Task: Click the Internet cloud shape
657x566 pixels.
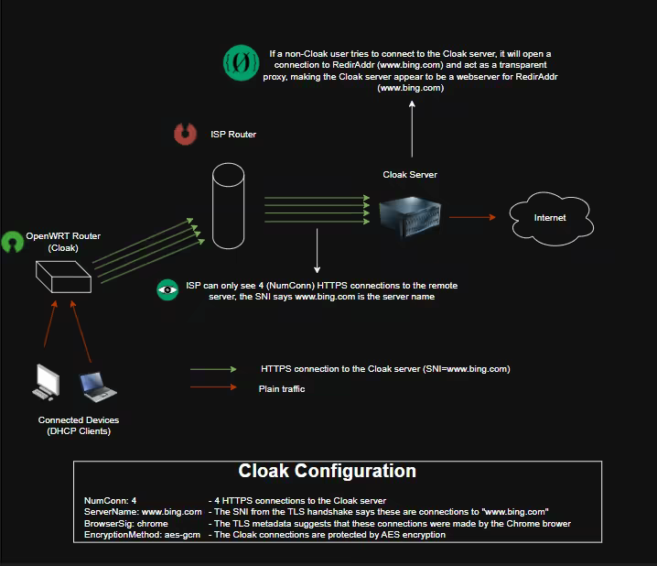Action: [550, 217]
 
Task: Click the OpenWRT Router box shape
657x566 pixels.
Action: [63, 276]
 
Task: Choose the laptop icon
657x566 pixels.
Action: [98, 387]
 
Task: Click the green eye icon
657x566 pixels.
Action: [167, 289]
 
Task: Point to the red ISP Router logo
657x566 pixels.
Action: [187, 135]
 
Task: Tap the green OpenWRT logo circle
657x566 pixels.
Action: [12, 242]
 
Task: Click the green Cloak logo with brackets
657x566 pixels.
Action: [242, 62]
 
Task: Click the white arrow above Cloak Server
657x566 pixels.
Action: [412, 128]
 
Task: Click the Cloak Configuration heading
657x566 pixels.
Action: [327, 472]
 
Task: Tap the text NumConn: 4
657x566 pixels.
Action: [110, 501]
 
